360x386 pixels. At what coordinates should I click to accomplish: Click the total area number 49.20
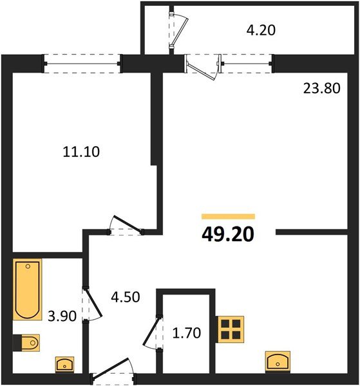227,234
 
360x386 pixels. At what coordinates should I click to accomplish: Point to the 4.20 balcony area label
261,30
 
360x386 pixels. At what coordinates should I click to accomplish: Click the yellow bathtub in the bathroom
27,289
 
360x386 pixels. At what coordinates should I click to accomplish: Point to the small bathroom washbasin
64,365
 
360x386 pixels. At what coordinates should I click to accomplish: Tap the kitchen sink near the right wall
278,361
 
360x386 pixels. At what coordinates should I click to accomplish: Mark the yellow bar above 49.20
228,217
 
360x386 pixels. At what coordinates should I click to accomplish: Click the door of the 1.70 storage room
152,331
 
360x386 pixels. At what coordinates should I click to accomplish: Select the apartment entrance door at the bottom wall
113,375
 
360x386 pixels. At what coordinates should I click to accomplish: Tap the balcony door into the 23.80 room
202,66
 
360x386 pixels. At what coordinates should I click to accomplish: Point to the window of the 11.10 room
82,62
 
